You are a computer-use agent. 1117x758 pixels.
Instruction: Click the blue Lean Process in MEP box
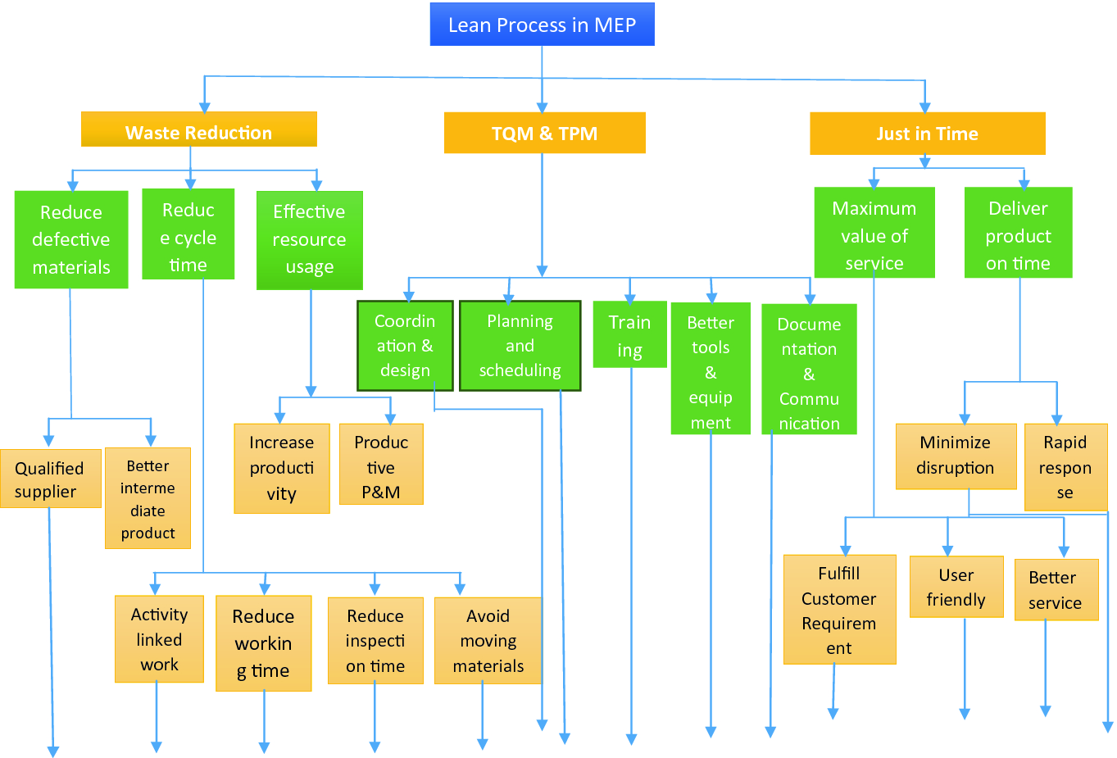[542, 25]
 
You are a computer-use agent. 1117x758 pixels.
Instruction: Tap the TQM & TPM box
[544, 133]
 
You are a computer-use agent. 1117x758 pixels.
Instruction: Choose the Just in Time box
[927, 134]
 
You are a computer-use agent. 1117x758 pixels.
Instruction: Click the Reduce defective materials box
[71, 239]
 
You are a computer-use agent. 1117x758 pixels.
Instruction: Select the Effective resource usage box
[309, 239]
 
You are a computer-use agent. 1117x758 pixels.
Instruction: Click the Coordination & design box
[405, 345]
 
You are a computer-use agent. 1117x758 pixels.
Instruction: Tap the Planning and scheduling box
[520, 345]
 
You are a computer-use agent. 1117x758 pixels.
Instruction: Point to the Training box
[629, 335]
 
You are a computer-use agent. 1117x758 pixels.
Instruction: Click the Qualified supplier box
[50, 479]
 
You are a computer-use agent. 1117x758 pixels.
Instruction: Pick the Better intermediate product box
[148, 498]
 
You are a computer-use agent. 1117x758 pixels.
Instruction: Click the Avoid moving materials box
[488, 640]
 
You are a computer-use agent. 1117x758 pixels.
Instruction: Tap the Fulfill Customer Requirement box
[839, 610]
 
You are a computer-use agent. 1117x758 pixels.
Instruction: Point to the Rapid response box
[1065, 467]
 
